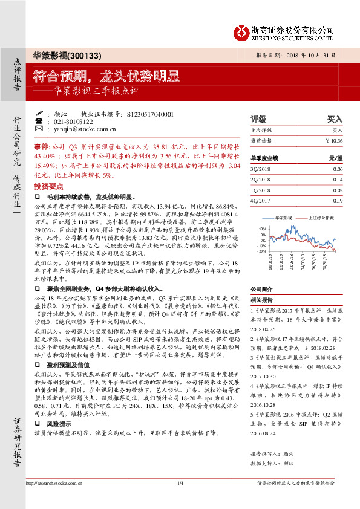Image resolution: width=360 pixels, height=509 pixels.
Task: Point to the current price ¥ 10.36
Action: click(334, 140)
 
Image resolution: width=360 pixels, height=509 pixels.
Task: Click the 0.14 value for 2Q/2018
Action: click(338, 180)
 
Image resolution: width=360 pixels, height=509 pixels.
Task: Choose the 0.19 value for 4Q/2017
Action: click(338, 199)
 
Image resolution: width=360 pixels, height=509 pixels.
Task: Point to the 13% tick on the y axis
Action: click(263, 229)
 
